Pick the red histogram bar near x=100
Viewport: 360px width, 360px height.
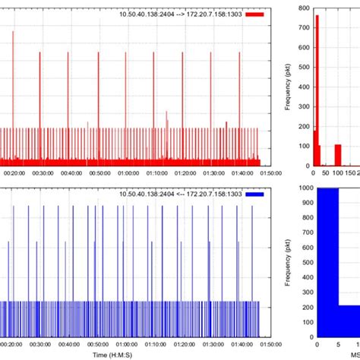(339, 155)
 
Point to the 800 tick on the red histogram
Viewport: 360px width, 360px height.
(304, 8)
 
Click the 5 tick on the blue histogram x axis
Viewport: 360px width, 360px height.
(336, 343)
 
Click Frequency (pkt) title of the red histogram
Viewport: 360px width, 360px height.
(289, 87)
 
